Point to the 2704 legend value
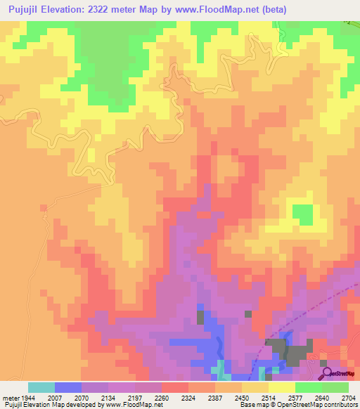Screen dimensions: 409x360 [349, 397]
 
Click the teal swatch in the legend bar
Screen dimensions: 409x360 [41, 387]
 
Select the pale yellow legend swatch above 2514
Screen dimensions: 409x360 [255, 387]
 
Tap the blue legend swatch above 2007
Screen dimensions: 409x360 [68, 387]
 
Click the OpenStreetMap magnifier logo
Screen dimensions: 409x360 [327, 372]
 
